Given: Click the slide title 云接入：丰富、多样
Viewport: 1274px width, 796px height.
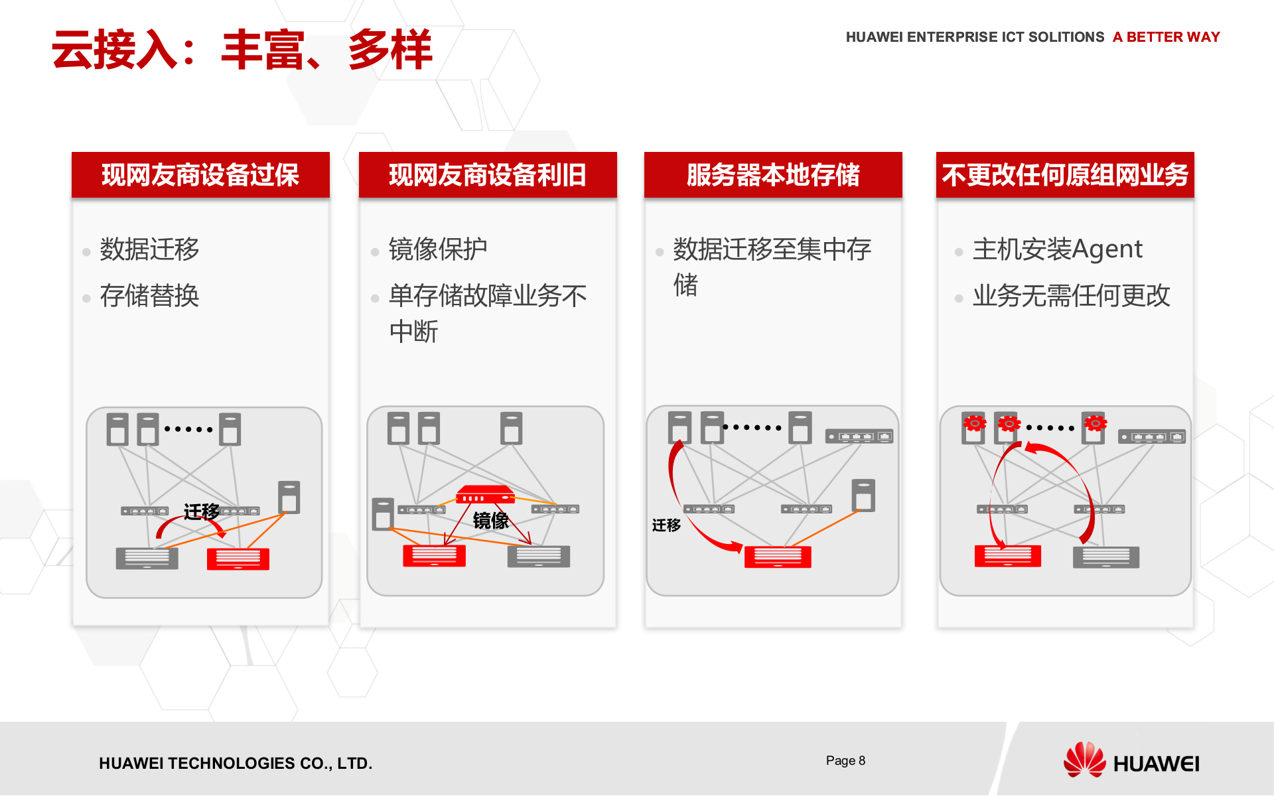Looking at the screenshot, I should click(242, 50).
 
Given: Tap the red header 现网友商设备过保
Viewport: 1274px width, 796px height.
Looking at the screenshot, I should click(200, 175).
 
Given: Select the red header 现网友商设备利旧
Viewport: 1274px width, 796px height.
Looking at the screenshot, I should click(488, 175).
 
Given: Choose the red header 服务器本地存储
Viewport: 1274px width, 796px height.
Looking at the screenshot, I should click(773, 175).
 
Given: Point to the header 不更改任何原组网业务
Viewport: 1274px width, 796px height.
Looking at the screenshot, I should click(1064, 175).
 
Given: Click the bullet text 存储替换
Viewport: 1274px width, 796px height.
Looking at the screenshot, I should click(149, 296).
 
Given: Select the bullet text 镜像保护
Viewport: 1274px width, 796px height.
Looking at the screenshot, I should click(437, 249).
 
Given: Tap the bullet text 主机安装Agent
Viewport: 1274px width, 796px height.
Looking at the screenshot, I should click(1057, 249).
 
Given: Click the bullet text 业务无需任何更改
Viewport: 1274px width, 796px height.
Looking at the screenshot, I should click(1071, 296).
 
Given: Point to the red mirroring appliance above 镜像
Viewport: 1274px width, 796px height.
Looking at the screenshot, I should click(485, 495).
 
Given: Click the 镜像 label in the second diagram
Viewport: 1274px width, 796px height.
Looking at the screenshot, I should click(490, 521).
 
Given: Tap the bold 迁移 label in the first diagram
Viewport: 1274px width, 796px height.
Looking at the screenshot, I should click(201, 511).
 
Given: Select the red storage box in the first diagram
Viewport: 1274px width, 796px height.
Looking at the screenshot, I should click(238, 559).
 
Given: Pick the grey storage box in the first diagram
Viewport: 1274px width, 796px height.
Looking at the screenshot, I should click(147, 558).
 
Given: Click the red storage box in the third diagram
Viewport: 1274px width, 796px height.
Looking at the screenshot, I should click(778, 557).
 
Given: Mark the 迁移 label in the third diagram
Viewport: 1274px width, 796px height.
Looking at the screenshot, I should click(666, 525).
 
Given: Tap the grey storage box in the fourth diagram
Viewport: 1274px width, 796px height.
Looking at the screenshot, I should click(1105, 557).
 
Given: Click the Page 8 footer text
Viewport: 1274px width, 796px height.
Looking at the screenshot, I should click(845, 761).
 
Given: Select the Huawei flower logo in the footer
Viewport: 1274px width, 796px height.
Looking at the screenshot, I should click(1084, 760).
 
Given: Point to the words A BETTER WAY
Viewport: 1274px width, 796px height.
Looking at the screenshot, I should click(1166, 37).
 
